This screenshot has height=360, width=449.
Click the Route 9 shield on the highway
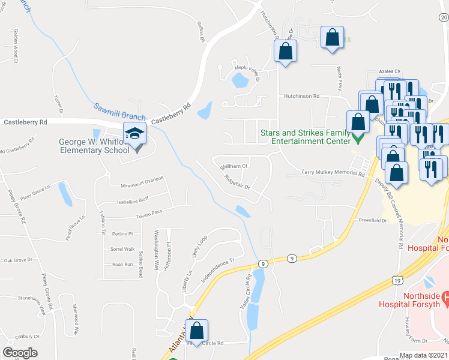pos(263,263)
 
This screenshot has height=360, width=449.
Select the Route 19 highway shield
pos(397,280)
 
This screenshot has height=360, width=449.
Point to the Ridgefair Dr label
pos(237,182)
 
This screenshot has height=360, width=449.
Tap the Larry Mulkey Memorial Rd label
pos(333,173)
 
